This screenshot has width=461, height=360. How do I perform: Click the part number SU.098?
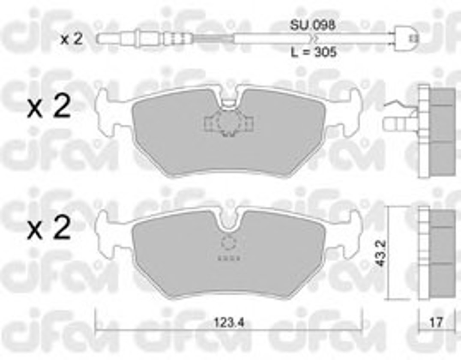[x=312, y=25]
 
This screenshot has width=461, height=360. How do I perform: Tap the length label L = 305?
[x=314, y=52]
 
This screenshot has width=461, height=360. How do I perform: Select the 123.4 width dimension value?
[x=229, y=323]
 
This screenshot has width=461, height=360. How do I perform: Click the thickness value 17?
[x=436, y=323]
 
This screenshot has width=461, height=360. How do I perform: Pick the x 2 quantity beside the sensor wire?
[x=71, y=39]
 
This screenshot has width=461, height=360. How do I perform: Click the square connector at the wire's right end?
[x=406, y=38]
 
